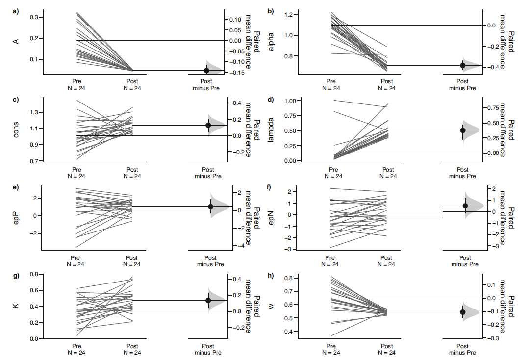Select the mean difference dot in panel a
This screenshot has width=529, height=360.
[206, 71]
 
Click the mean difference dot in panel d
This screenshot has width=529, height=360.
[463, 130]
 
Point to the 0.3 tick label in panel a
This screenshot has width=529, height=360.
[34, 17]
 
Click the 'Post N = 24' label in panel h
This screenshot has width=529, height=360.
[387, 349]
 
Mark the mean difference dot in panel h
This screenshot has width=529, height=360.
[463, 312]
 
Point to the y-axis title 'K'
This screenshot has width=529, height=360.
[16, 306]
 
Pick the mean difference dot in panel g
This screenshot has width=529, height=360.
[208, 300]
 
